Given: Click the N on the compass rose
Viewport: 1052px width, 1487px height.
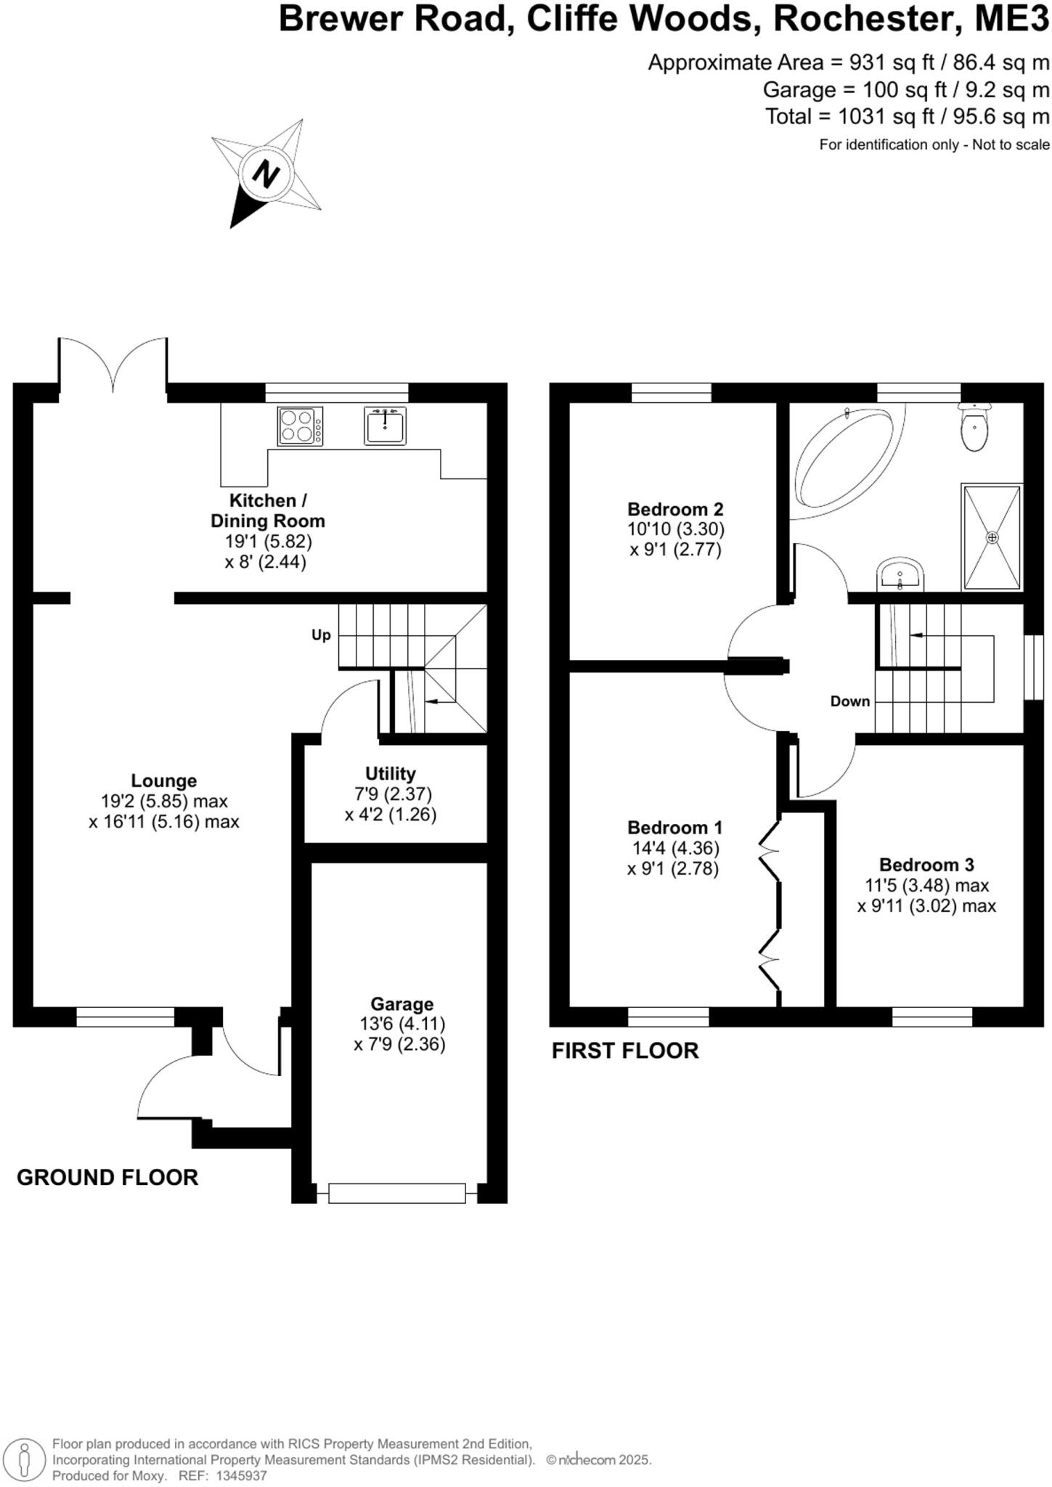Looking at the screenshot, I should coord(266,175).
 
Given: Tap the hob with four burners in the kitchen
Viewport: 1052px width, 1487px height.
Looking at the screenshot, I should coord(300,426).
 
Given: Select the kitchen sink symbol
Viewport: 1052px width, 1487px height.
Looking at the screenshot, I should coord(385,426).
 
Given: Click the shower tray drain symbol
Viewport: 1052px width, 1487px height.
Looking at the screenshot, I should coord(992,537).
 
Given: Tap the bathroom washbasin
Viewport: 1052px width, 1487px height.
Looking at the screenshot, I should coord(900,575).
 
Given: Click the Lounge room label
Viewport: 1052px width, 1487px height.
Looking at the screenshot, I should coord(163,781).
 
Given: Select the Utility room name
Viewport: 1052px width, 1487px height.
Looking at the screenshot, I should coord(391,774).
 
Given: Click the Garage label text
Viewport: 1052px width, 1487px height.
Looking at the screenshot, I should coord(401,1004).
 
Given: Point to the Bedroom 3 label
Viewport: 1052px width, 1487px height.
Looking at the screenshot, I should coord(926,865).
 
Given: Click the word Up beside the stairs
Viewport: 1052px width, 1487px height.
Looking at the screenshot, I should coord(321,635).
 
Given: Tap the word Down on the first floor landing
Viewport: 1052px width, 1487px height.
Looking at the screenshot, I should coord(850,701).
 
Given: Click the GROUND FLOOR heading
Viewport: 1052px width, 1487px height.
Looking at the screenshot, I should coord(107,1178).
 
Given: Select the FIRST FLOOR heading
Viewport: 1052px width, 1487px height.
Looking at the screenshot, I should coord(625,1051).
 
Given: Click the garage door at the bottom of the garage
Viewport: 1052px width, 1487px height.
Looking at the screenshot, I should coord(396,1193).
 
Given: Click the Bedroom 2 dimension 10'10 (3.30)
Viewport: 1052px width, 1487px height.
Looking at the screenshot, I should coord(676,529).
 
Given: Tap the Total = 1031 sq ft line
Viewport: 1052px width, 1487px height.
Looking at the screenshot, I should coord(907,117).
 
